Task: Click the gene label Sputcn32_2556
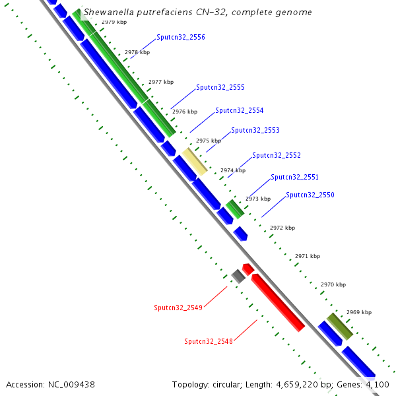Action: point(181,38)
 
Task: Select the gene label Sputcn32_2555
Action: point(220,88)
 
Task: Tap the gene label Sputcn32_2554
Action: point(239,111)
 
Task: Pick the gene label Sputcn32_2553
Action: point(255,131)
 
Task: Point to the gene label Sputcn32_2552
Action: point(277,156)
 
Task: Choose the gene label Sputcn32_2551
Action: point(294,178)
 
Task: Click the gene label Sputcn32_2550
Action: point(310,195)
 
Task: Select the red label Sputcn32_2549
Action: point(178,308)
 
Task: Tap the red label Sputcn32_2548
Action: point(209,342)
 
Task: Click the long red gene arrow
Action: point(278,302)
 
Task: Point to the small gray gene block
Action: point(238,276)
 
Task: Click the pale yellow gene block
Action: point(195,161)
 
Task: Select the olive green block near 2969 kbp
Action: point(340,326)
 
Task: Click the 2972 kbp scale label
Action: point(282,228)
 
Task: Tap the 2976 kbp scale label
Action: point(185,112)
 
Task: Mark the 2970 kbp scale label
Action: point(333,285)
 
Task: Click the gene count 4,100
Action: point(377,384)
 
